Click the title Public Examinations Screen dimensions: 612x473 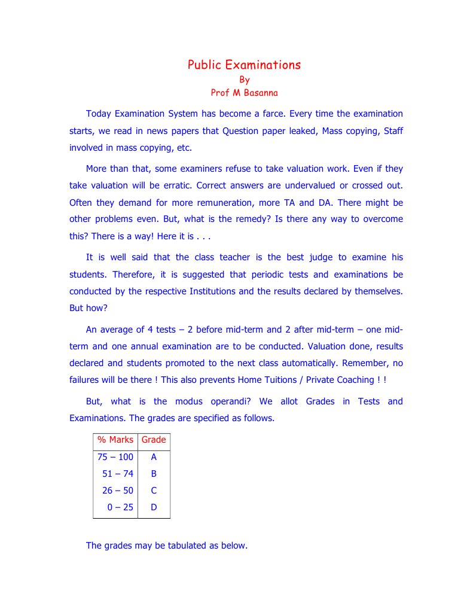(x=244, y=65)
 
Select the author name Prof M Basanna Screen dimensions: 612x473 (x=244, y=93)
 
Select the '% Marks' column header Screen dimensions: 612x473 (x=115, y=440)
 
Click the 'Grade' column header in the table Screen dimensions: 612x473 (x=154, y=440)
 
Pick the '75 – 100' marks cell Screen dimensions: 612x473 (x=115, y=458)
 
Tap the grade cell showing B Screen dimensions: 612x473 (x=154, y=474)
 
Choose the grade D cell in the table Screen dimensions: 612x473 (x=154, y=508)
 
